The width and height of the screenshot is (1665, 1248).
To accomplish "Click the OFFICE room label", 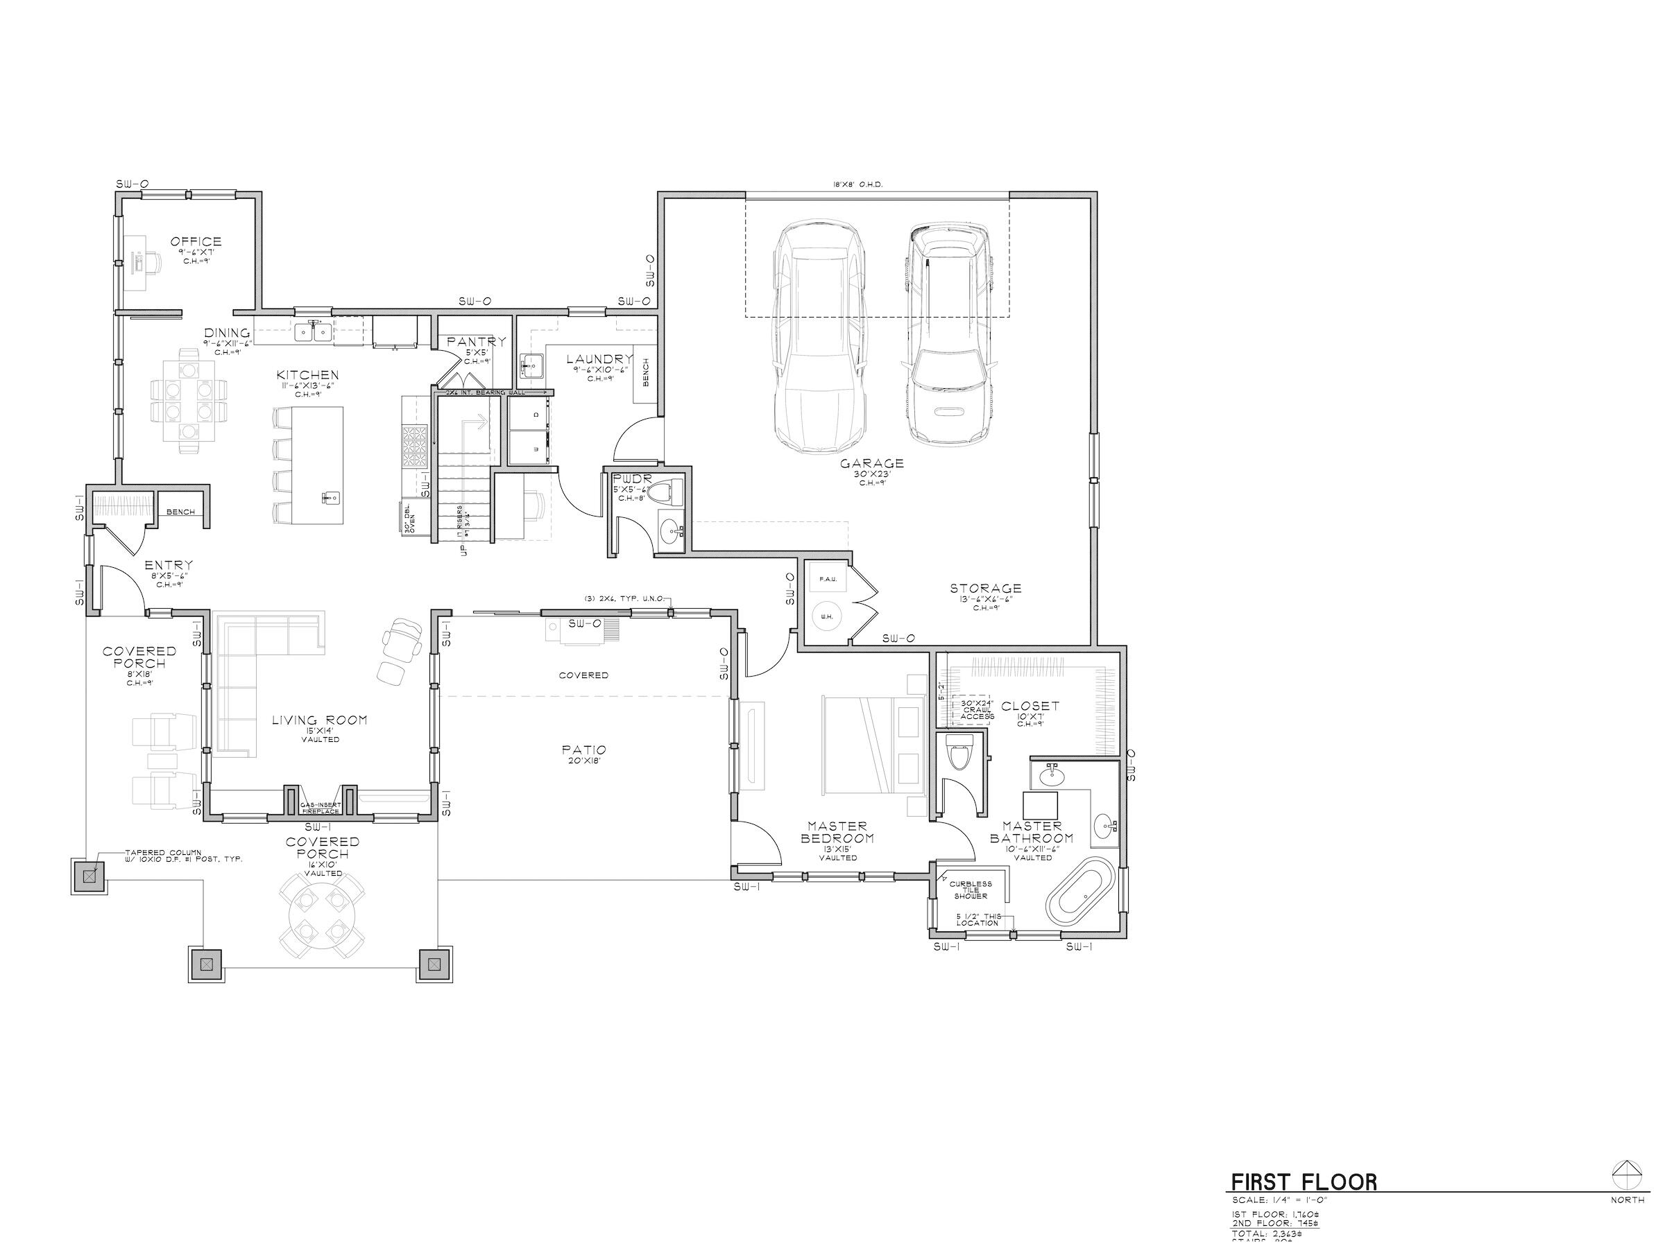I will [x=196, y=241].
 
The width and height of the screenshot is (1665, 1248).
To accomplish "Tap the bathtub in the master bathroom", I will [x=1080, y=896].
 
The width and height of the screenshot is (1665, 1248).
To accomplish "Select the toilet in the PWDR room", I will [x=663, y=493].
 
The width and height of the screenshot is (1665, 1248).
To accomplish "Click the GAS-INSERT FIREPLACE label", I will [x=320, y=808].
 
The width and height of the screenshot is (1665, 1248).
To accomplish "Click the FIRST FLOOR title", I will [x=1304, y=1182].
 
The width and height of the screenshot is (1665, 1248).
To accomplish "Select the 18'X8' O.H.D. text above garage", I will [x=857, y=184].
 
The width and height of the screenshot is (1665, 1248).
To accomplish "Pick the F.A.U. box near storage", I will [x=828, y=578].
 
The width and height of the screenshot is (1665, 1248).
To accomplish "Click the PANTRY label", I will [x=476, y=342].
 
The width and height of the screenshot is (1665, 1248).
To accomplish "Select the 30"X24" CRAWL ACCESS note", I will [x=977, y=709].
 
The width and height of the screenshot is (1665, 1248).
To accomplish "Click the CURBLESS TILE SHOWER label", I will [x=971, y=890].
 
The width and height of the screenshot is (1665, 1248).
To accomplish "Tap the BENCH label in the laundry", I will [x=646, y=372].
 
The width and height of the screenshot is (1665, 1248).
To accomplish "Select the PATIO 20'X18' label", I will [x=583, y=754].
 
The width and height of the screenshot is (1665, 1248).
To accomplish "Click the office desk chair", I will [x=153, y=261].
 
